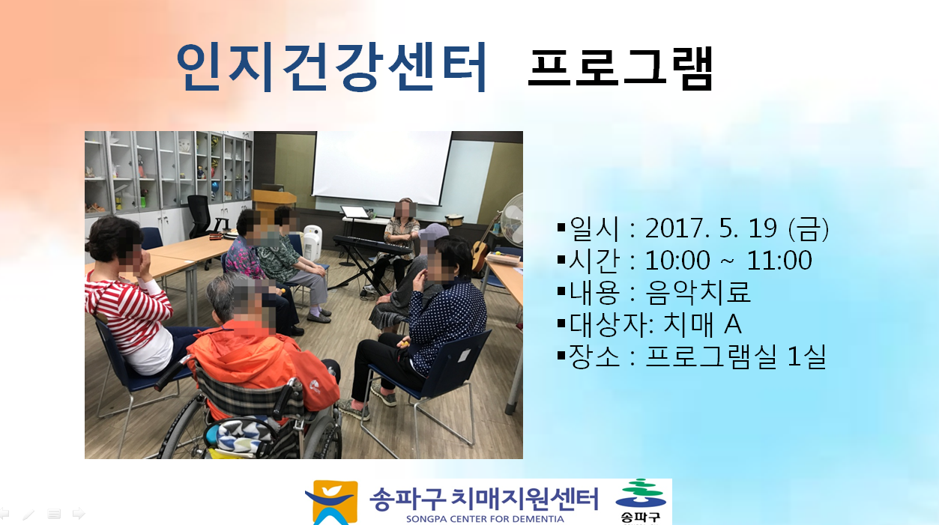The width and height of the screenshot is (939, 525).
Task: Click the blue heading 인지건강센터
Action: [x=331, y=67]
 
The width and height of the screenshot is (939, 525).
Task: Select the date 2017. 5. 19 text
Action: [x=711, y=228]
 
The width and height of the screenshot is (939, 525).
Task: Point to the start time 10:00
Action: [x=677, y=260]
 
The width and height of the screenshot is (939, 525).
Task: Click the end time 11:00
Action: [x=779, y=260]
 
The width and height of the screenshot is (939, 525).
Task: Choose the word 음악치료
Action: [x=698, y=292]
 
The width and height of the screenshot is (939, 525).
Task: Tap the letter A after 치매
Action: [x=733, y=324]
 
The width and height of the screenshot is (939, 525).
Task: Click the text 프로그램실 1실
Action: [x=736, y=356]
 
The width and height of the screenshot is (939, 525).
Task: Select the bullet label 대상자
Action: [x=608, y=324]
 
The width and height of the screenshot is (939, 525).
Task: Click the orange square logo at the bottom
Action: [x=331, y=503]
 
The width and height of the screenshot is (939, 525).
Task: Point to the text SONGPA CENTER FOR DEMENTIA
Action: [x=485, y=519]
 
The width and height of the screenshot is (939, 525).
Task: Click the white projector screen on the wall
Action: [x=381, y=168]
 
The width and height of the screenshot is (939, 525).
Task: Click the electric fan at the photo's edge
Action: [x=513, y=219]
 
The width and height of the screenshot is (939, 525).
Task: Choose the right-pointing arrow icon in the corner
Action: [x=79, y=513]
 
